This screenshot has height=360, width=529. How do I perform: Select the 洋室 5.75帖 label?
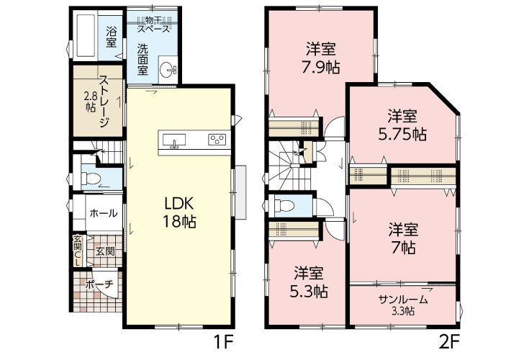[x=403, y=125]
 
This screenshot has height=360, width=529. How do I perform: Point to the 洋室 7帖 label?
[x=404, y=238]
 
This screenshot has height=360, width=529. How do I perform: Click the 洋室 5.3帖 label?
[x=310, y=282]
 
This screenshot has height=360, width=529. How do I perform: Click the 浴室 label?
[x=112, y=37]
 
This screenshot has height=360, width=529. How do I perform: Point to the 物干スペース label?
[x=153, y=24]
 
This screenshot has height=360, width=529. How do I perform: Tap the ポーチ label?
[x=99, y=284]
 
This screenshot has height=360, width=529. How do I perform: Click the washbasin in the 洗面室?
[x=168, y=70]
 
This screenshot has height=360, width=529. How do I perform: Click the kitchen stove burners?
[x=217, y=140]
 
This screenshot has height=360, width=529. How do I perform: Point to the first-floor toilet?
[x=93, y=177]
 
